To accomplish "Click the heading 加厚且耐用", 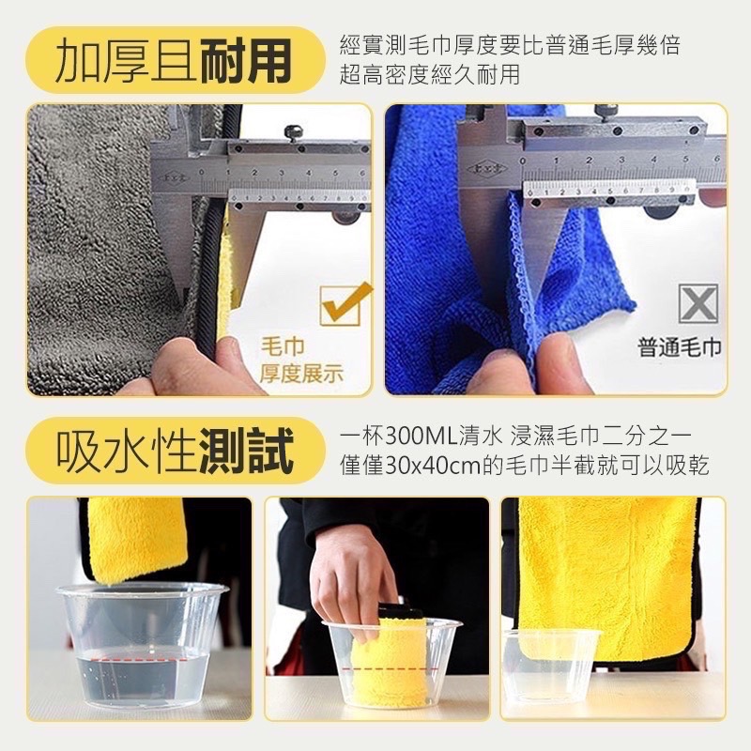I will pos(172,59).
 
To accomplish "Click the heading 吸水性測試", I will pos(172,449).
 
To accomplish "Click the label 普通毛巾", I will pos(681,348).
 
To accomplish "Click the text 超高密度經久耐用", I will pos(430,75).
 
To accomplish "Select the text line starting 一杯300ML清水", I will pos(515,437).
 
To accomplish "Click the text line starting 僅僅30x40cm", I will pos(524,465).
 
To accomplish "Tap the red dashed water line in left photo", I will pos(141,659).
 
